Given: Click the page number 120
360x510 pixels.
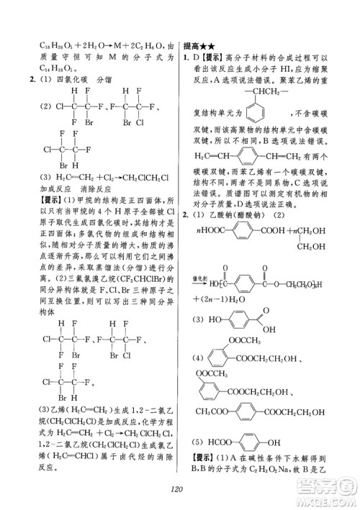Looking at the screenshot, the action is tap(179, 491).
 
